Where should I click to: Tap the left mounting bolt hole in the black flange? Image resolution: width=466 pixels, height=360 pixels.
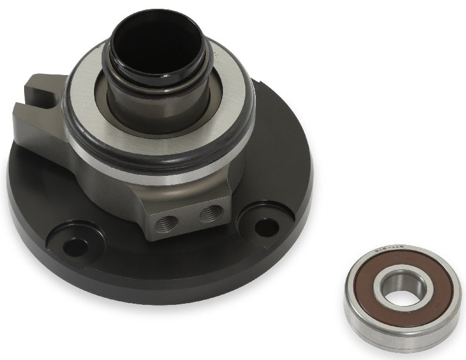[75, 247]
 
